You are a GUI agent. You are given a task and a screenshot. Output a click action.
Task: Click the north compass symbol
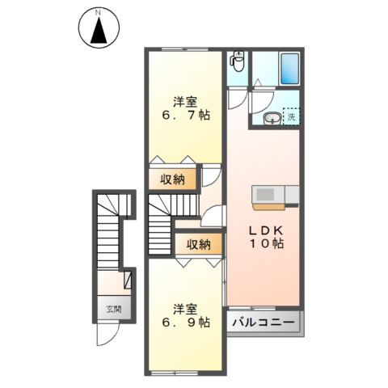pyautogui.click(x=98, y=32)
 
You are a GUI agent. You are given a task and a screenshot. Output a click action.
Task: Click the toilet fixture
pyautogui.click(x=237, y=61)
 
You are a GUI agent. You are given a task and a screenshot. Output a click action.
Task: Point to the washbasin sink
pyautogui.click(x=272, y=120)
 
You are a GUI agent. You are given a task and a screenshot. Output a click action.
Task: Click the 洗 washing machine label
pyautogui.click(x=292, y=116)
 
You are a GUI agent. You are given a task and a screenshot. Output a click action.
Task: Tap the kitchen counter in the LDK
pyautogui.click(x=276, y=195)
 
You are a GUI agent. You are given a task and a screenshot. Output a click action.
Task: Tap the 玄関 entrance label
pyautogui.click(x=112, y=309)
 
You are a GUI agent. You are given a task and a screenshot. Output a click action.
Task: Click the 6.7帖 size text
pyautogui.click(x=185, y=116)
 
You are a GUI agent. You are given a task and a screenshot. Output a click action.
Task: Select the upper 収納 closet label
pyautogui.click(x=172, y=179)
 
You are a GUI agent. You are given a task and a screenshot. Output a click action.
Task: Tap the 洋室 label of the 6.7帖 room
pyautogui.click(x=185, y=101)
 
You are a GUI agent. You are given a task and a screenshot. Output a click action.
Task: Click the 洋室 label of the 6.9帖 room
pyautogui.click(x=185, y=308)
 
